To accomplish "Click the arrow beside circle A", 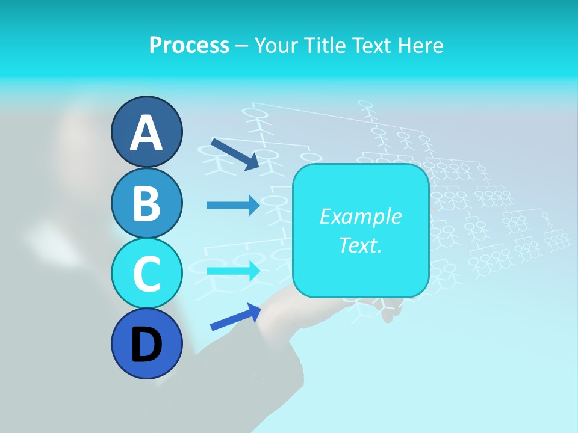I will pyautogui.click(x=234, y=154).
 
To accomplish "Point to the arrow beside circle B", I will pyautogui.click(x=232, y=205).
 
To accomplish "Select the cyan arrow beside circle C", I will pyautogui.click(x=233, y=271).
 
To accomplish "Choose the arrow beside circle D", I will pyautogui.click(x=235, y=317).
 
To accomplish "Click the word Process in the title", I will pyautogui.click(x=189, y=46).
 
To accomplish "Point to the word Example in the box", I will pyautogui.click(x=360, y=216).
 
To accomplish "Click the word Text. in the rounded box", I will pyautogui.click(x=360, y=245).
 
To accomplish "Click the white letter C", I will pyautogui.click(x=146, y=274).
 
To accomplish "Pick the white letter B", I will pyautogui.click(x=146, y=203).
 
